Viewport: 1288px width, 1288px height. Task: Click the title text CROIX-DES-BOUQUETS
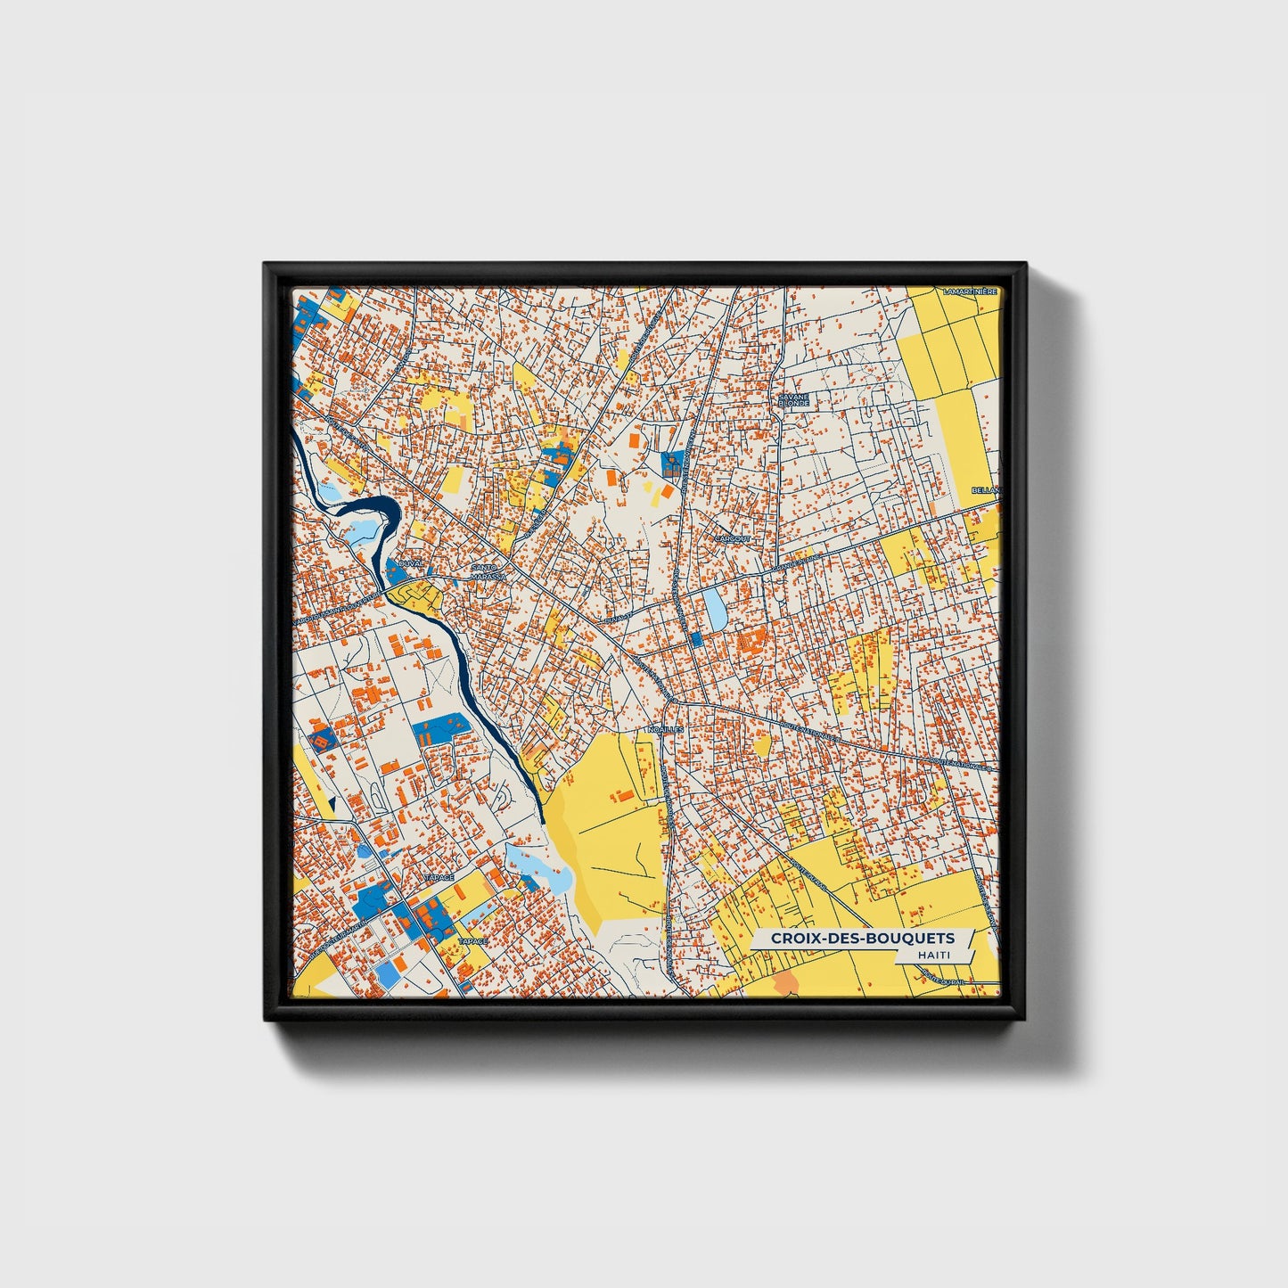click(862, 938)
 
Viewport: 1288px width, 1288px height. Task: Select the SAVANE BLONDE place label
click(792, 399)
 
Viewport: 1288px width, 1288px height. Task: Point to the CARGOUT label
click(733, 538)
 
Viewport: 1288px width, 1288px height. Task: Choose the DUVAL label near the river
click(411, 564)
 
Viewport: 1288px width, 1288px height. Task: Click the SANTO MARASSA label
click(488, 571)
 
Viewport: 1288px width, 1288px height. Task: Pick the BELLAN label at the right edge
click(986, 490)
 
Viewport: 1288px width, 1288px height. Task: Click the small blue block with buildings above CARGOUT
click(672, 463)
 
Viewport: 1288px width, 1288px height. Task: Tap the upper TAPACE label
click(439, 877)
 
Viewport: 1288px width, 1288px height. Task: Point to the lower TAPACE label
click(472, 940)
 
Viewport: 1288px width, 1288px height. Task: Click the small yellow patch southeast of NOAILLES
click(761, 744)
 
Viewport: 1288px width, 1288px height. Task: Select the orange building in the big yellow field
click(627, 792)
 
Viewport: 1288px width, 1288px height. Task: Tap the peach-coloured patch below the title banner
click(786, 983)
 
